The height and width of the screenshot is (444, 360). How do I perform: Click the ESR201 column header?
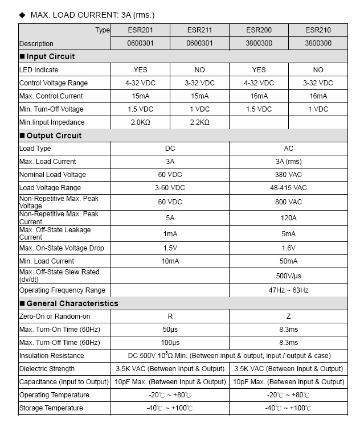[x=140, y=30]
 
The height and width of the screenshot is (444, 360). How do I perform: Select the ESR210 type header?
[x=318, y=30]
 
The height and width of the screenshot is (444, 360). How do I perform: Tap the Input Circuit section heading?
[x=51, y=56]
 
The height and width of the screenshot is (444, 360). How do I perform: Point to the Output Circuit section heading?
[x=54, y=135]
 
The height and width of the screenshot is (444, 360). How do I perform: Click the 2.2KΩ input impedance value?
[x=199, y=122]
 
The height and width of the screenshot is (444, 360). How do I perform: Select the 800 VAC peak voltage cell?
[x=288, y=202]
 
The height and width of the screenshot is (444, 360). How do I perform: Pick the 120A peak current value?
[x=288, y=218]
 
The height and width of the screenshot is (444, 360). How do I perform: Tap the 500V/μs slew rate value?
[x=288, y=276]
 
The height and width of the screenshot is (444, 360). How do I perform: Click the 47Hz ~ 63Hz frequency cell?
[x=288, y=290]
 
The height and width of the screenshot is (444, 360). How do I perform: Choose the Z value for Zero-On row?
[x=288, y=316]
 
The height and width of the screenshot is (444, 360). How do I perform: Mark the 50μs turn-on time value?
[x=170, y=330]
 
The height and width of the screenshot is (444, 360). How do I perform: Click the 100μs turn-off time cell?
[x=170, y=343]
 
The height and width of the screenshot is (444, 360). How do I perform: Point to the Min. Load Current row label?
[x=47, y=261]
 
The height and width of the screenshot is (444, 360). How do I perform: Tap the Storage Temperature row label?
[x=51, y=408]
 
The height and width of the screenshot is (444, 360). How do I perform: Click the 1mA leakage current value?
[x=170, y=234]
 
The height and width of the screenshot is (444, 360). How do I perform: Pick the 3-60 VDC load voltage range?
[x=170, y=188]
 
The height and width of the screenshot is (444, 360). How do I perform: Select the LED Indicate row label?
[x=39, y=70]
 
